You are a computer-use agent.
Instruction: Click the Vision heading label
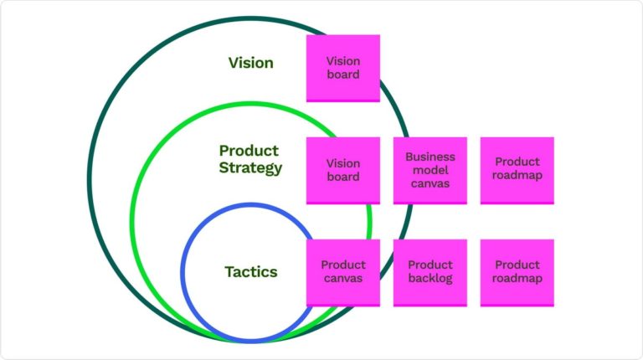pos(250,63)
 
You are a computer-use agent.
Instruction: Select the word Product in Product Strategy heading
pos(249,151)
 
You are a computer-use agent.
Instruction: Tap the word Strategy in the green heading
pos(250,167)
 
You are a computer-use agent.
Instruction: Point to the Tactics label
pos(250,272)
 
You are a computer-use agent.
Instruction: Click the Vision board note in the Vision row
pos(342,68)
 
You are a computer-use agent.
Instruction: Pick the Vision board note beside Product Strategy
pos(342,170)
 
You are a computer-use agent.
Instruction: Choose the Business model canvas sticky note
pos(430,170)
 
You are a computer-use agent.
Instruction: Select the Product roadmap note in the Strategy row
pos(517,170)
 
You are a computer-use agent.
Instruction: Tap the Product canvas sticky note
pos(342,272)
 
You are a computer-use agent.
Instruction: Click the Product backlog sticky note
pos(430,272)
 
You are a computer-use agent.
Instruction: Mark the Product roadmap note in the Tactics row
pos(517,272)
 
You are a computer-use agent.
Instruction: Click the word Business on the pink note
pos(430,157)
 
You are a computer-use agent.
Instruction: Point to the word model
pos(430,170)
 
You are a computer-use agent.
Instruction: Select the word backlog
pos(430,279)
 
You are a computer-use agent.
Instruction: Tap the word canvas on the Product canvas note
pos(342,279)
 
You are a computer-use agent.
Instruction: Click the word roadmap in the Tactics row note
pos(517,279)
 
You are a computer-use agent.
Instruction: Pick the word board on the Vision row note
pos(342,75)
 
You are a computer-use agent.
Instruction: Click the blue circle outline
pos(183,272)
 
